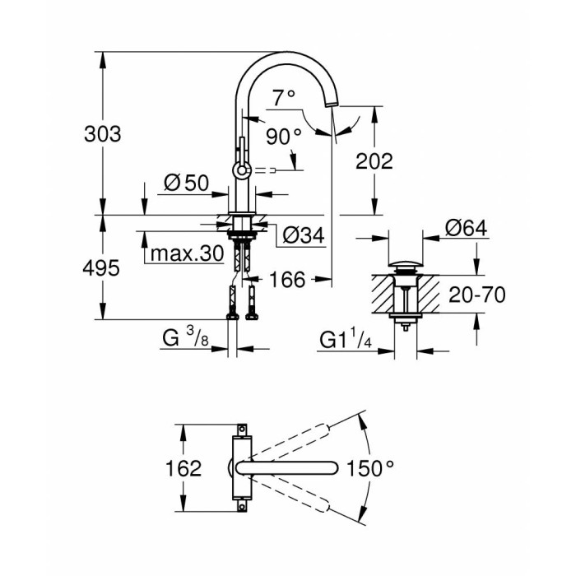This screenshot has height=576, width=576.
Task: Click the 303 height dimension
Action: [x=103, y=134]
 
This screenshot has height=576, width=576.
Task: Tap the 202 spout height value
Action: [x=374, y=161]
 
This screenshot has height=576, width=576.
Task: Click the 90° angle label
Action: [x=283, y=135]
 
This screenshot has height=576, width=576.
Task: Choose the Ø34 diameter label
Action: [x=302, y=236]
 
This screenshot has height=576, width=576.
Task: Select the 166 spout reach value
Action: [x=288, y=281]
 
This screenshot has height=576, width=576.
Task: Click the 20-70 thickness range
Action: [x=477, y=295]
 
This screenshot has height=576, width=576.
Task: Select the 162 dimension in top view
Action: [x=183, y=468]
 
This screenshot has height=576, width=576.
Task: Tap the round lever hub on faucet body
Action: [x=242, y=170]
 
